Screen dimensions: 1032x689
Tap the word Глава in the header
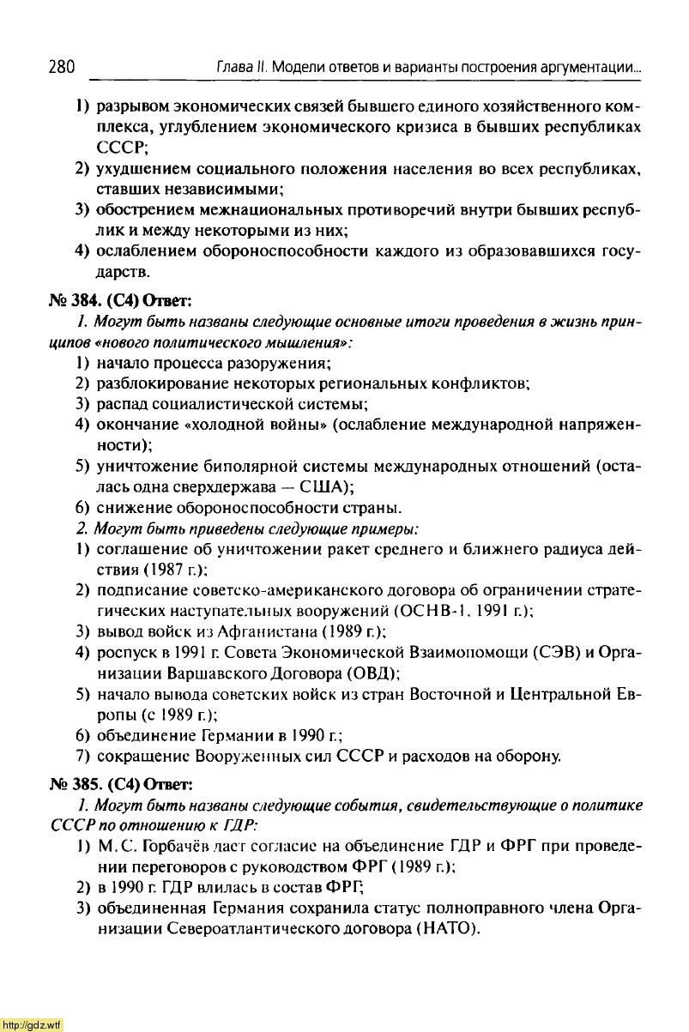pos(216,67)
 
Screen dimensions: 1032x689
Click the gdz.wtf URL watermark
pos(32,1024)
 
